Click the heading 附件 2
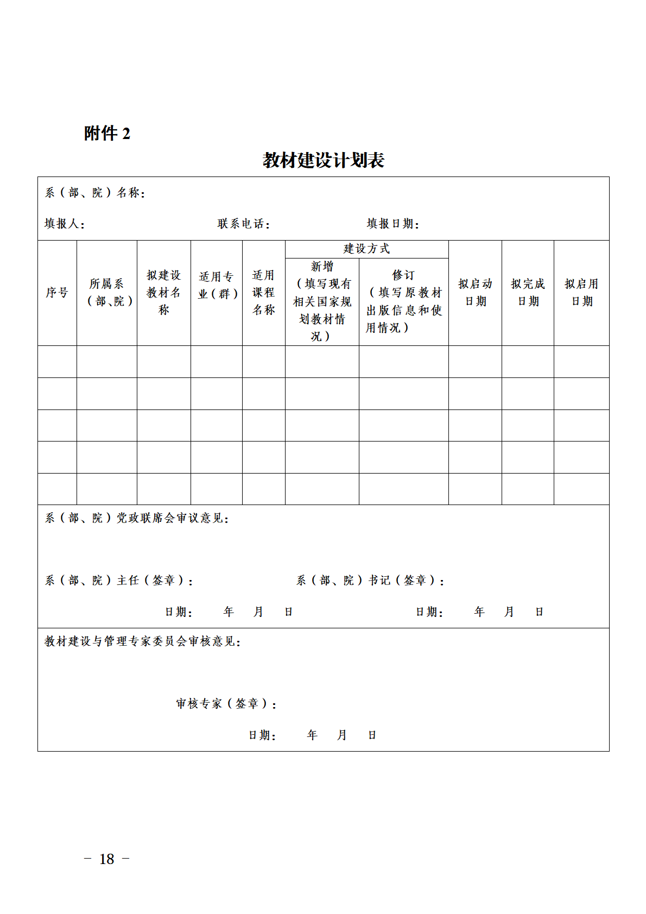107,133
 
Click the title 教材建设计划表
323,160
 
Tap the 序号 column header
57,293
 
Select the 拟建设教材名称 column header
163,293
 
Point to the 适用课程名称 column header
263,293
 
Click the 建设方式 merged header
366,249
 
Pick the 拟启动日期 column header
475,293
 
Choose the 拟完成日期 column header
528,293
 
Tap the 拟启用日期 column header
581,293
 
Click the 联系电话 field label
243,224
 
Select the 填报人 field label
64,224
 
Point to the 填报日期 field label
392,224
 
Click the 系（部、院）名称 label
94,193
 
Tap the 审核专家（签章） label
226,704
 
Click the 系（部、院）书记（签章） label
370,581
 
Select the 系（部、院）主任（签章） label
119,581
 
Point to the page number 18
107,859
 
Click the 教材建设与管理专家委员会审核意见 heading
142,641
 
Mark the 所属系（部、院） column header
107,293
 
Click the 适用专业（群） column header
217,286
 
